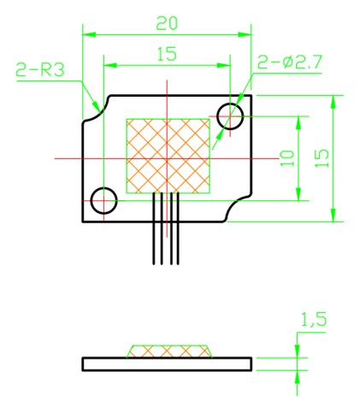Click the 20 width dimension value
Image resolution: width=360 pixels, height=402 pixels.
[167, 23]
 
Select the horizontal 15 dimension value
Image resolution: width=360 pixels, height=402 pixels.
[167, 54]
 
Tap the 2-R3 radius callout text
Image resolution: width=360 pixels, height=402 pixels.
[39, 69]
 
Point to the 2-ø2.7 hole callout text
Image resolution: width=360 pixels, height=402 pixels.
[290, 62]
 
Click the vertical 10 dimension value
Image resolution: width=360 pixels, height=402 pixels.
[287, 158]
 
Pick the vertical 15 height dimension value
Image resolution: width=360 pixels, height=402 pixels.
[322, 158]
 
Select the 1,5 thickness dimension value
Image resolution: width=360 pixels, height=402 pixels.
[314, 320]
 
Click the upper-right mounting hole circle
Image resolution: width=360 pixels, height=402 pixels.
[230, 103]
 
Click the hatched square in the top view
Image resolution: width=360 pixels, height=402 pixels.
[168, 156]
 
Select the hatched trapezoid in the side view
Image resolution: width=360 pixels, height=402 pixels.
[169, 352]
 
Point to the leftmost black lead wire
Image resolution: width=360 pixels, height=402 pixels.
[154, 228]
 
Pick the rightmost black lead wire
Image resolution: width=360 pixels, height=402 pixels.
[178, 228]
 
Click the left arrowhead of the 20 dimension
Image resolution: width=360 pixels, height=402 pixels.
[89, 35]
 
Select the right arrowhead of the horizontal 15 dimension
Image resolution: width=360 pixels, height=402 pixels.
[223, 65]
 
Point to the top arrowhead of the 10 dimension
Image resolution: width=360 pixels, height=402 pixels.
[298, 123]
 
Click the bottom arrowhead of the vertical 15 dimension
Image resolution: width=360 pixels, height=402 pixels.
[333, 215]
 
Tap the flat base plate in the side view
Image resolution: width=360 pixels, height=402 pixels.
[167, 364]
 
